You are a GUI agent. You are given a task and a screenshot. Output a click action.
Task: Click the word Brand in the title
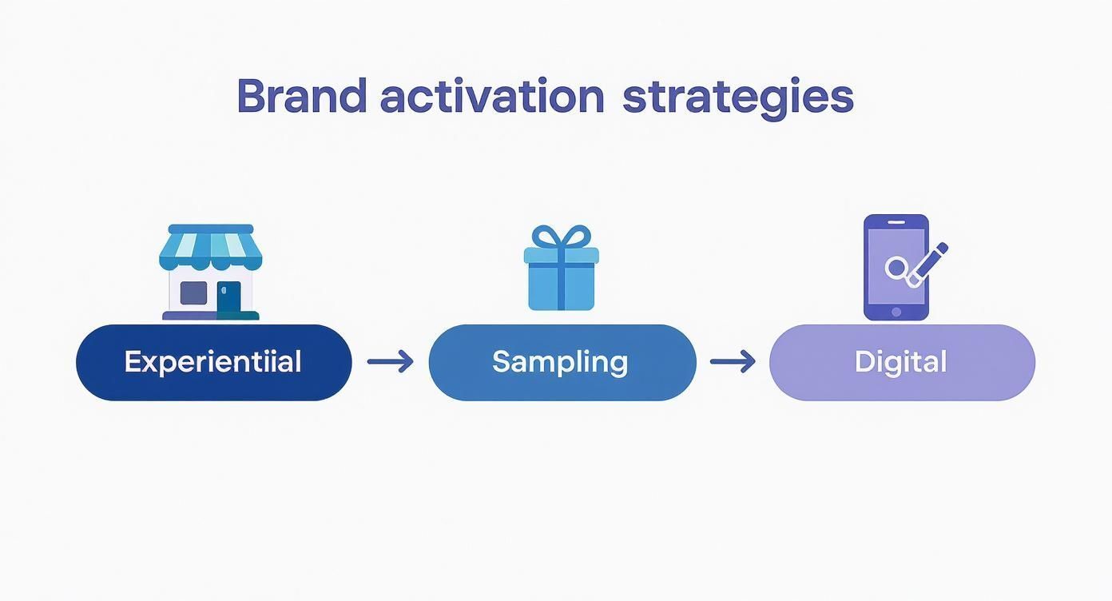point(302,96)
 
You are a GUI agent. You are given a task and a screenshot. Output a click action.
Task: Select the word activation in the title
point(492,96)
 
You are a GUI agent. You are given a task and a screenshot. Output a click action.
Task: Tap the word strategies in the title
point(737,98)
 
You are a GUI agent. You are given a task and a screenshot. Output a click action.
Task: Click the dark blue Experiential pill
point(214,362)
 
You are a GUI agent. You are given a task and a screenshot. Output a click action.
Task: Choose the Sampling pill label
point(560,362)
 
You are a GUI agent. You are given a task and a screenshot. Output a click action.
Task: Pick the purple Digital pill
point(902,362)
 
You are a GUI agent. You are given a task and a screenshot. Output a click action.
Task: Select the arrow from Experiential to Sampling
point(390,361)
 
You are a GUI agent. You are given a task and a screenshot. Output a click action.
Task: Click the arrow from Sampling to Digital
point(733,361)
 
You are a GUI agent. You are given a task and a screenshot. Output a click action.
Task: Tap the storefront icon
point(210,272)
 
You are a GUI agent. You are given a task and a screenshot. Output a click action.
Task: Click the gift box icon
point(562,268)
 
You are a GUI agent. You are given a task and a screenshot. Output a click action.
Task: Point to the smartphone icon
point(896,267)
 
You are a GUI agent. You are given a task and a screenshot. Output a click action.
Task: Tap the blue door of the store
point(228,297)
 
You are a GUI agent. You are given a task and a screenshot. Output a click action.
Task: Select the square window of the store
point(193,293)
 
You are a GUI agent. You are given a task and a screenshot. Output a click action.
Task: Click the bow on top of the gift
point(562,237)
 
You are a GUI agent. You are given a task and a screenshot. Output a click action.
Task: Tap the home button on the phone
point(896,312)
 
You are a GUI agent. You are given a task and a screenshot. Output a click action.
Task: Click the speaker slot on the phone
point(896,222)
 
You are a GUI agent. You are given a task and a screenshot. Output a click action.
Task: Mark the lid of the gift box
point(562,255)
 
